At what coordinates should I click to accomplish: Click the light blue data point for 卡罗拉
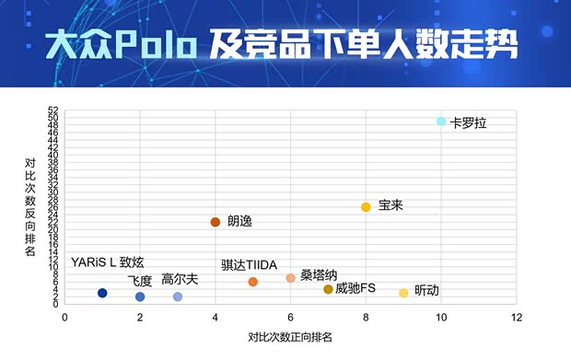(441, 122)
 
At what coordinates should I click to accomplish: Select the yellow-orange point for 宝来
(366, 207)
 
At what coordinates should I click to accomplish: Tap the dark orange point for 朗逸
(216, 222)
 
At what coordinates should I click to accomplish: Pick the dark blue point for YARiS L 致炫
(102, 293)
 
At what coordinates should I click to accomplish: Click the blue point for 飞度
(140, 296)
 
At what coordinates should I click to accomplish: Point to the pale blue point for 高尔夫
(178, 296)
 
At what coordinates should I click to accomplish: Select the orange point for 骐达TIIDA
(253, 282)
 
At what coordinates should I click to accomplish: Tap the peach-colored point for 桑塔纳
(290, 278)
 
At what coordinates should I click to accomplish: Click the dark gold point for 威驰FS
(328, 289)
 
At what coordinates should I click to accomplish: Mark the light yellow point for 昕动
(403, 293)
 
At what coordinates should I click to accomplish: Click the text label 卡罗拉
(468, 122)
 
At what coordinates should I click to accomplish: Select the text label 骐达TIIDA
(249, 265)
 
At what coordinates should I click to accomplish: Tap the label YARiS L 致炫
(108, 263)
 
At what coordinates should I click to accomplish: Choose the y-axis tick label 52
(53, 110)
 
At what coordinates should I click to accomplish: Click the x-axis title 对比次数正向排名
(290, 337)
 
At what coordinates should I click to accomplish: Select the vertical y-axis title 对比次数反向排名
(30, 207)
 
